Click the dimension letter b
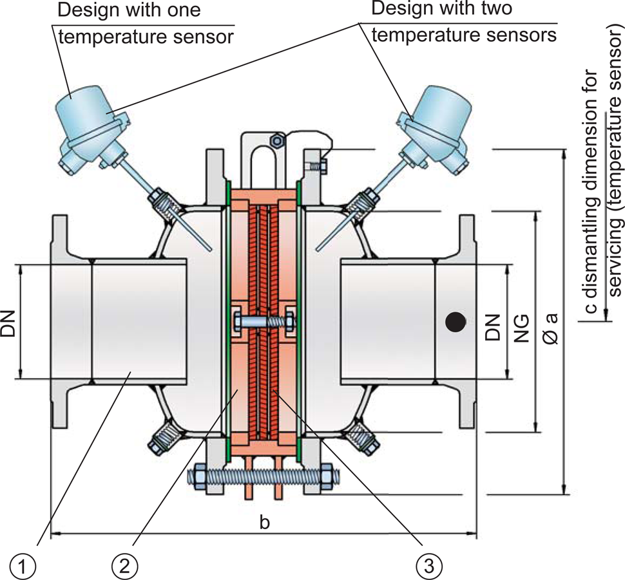click(264, 523)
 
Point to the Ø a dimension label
click(552, 328)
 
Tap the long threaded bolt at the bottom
click(258, 477)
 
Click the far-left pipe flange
click(59, 322)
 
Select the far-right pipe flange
click(468, 322)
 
